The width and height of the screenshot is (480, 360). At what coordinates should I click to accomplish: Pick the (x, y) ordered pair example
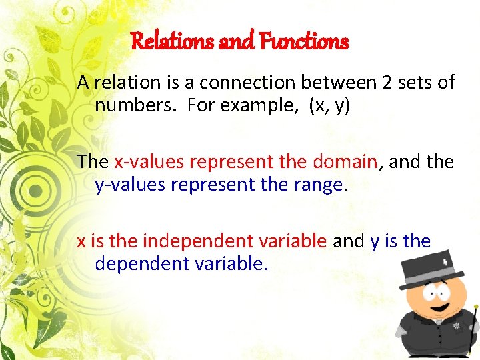[329, 105]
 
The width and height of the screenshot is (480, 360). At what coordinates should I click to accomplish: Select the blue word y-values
[130, 185]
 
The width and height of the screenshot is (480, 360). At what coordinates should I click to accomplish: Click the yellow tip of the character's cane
[476, 308]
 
